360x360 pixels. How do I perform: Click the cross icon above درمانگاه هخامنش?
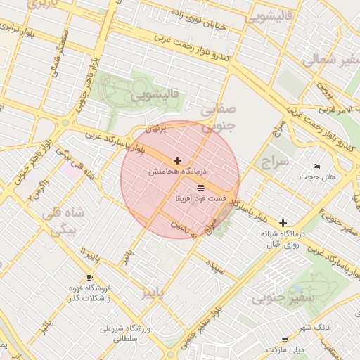tap(177, 161)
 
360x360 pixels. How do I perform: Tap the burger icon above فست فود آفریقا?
tap(201, 188)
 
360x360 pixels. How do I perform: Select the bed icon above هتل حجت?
tap(317, 166)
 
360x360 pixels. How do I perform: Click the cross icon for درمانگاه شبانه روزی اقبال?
tap(283, 222)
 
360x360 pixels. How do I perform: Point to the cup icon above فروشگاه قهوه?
tap(89, 278)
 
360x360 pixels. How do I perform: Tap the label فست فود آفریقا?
tap(200, 199)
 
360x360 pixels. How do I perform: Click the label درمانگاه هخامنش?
tap(176, 172)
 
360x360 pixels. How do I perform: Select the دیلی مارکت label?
tap(285, 349)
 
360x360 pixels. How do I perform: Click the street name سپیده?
tap(216, 267)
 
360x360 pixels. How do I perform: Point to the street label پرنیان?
tap(157, 129)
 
